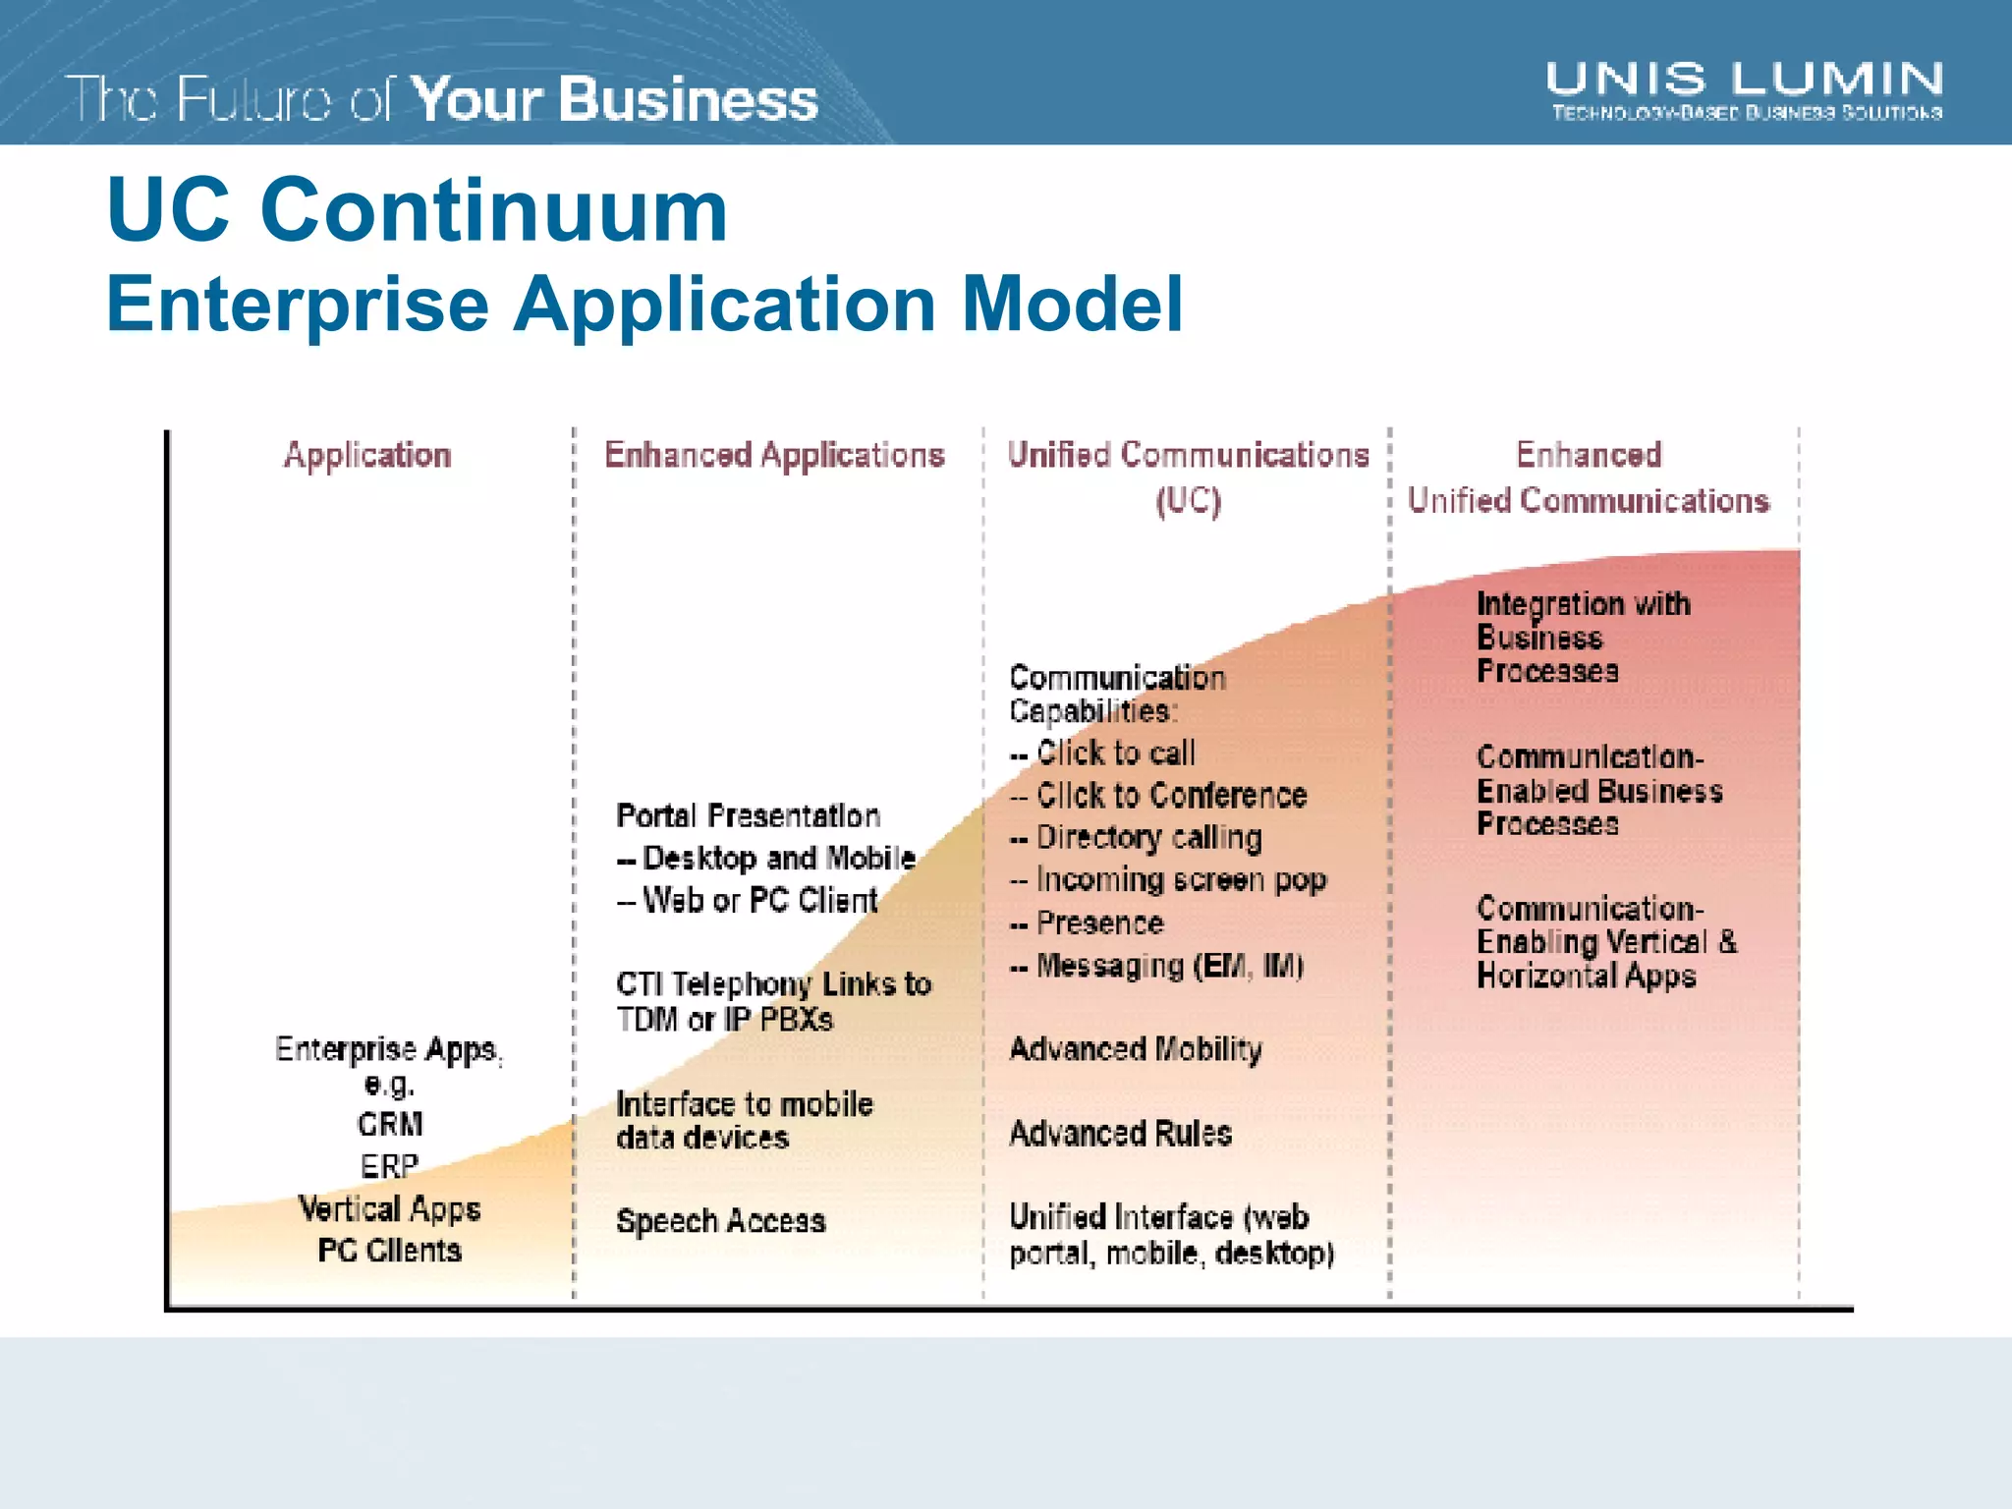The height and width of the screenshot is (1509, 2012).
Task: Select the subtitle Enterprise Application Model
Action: tap(644, 304)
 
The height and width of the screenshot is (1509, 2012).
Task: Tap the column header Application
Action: tap(367, 455)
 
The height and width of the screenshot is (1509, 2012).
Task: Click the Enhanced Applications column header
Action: tap(774, 455)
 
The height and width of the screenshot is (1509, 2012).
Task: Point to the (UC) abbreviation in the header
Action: tap(1188, 501)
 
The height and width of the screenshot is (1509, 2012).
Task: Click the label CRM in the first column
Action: tap(390, 1124)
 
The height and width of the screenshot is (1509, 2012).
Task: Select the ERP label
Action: tap(390, 1166)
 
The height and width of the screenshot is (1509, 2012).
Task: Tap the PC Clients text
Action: tap(390, 1251)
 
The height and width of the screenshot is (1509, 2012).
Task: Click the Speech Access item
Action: tap(721, 1221)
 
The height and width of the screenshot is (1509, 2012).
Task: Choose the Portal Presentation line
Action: tap(748, 815)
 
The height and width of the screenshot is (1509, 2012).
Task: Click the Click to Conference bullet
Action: tap(1171, 795)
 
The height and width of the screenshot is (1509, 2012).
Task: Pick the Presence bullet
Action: tap(1099, 923)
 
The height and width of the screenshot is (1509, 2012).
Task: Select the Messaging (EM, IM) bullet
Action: tap(1169, 966)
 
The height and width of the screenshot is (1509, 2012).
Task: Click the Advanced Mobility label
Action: tap(1136, 1049)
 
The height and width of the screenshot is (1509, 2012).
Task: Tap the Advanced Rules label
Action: tap(1121, 1134)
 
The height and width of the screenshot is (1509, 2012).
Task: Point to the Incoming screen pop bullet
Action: tap(1181, 879)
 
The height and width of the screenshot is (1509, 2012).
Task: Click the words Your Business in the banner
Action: tap(614, 100)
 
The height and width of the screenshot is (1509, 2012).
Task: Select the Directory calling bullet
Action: tap(1148, 837)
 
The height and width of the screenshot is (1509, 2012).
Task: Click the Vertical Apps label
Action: tap(390, 1208)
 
